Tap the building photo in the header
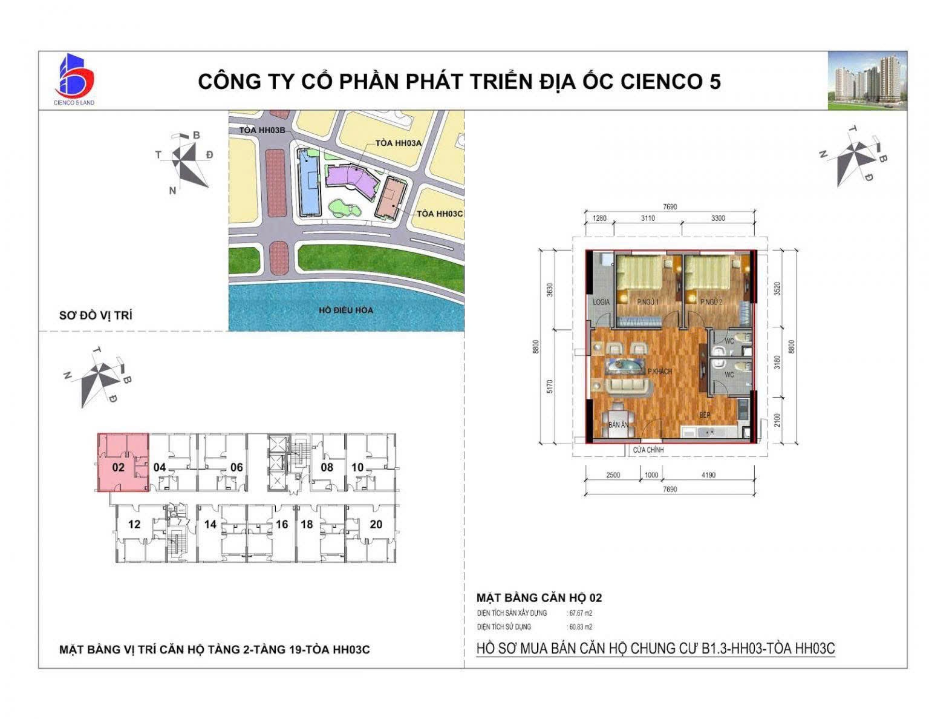[867, 80]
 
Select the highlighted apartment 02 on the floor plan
[123, 462]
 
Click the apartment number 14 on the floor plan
[210, 524]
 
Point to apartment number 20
[376, 524]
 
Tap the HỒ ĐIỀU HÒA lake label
[346, 310]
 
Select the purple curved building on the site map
[351, 179]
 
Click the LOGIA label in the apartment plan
[601, 302]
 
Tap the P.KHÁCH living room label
[659, 372]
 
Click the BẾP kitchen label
[705, 415]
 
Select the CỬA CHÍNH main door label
[648, 450]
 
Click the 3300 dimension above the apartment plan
[717, 218]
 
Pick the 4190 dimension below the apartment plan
[708, 475]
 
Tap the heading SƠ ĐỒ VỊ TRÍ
[96, 315]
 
